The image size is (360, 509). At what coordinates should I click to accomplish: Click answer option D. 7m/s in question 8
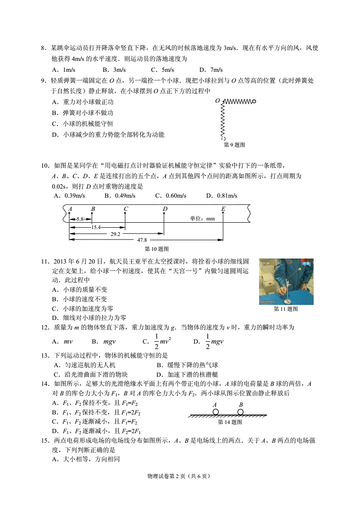(211, 70)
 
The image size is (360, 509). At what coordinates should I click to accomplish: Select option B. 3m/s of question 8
(114, 70)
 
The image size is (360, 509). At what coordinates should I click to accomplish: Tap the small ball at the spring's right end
(254, 101)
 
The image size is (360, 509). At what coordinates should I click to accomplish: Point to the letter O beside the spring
(217, 100)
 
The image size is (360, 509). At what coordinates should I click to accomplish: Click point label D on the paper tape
(165, 209)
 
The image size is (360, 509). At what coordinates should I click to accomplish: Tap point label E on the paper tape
(223, 209)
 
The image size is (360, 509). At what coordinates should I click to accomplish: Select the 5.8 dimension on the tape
(80, 219)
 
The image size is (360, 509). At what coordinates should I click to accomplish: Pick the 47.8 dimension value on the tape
(142, 240)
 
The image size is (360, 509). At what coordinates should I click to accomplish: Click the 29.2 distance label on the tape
(115, 233)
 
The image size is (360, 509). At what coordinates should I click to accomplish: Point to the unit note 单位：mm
(202, 219)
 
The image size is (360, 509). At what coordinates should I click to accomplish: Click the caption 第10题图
(157, 249)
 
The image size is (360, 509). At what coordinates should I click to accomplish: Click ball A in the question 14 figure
(215, 412)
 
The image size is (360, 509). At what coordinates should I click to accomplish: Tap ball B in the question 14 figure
(240, 412)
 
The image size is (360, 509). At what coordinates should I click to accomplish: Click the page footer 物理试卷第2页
(180, 489)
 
